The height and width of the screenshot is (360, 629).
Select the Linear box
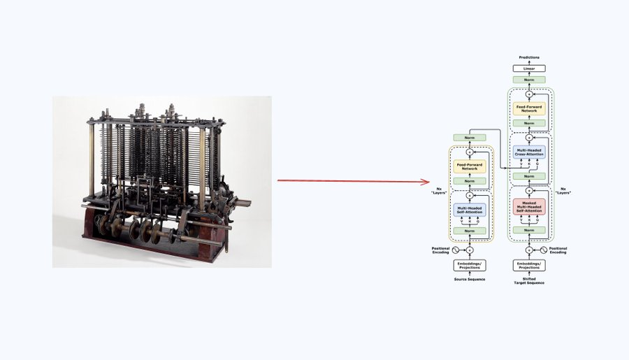[529, 69]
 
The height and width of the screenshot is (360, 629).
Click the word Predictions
[529, 57]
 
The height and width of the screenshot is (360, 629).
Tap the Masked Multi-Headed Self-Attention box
[529, 207]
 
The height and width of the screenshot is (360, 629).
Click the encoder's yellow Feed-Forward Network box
[470, 166]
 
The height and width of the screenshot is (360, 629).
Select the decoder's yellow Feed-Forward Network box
[529, 108]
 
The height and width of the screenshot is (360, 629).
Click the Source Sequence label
[470, 279]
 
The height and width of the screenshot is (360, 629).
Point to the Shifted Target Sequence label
[529, 280]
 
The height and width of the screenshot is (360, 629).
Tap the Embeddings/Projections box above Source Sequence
[470, 266]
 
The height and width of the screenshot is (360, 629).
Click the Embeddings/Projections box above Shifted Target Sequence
[529, 266]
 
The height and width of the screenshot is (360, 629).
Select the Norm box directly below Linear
[529, 80]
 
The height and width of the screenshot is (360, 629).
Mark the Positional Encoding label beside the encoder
[440, 250]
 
